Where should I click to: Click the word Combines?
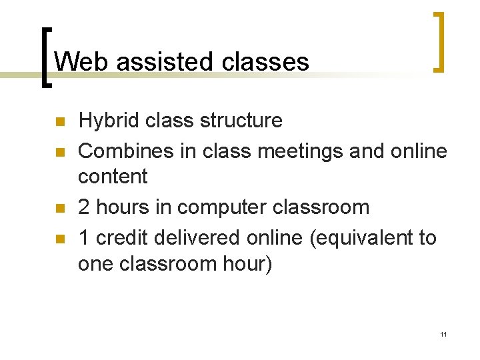125,151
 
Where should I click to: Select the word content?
113,177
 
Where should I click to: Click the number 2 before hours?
84,207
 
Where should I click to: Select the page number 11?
443,334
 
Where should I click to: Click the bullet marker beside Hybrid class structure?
59,122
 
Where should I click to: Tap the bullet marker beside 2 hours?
59,208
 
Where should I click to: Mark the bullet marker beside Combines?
59,153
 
